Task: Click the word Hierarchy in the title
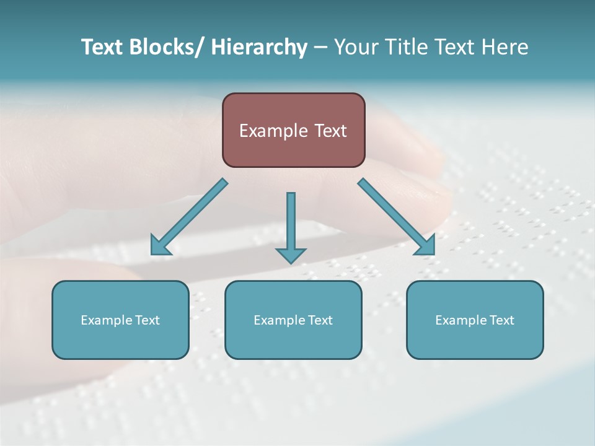pyautogui.click(x=259, y=47)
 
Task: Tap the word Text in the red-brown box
pyautogui.click(x=330, y=131)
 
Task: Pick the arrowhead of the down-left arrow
pyautogui.click(x=159, y=247)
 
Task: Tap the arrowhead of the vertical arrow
pyautogui.click(x=291, y=255)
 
